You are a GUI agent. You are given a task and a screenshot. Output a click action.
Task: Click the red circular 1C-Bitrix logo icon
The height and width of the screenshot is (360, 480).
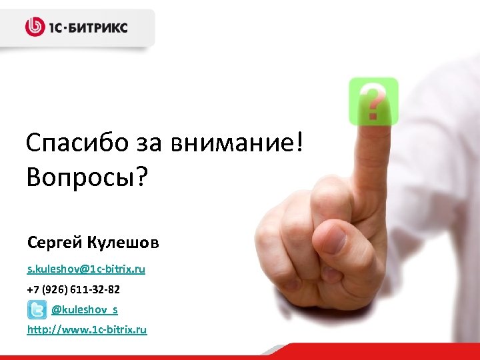(x=35, y=27)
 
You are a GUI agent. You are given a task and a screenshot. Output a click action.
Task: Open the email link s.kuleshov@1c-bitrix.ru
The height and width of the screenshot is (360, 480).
(x=86, y=269)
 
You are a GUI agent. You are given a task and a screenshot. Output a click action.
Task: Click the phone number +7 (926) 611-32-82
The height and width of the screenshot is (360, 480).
(x=73, y=291)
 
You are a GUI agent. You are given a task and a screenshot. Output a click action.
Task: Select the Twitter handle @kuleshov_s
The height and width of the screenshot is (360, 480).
(x=85, y=310)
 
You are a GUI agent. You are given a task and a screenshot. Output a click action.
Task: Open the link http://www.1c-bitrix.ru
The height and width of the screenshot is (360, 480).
(x=87, y=330)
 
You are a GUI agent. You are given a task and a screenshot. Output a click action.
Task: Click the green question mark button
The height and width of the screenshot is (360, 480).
(x=373, y=100)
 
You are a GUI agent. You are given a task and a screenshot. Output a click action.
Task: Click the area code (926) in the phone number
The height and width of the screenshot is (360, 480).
(x=54, y=291)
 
